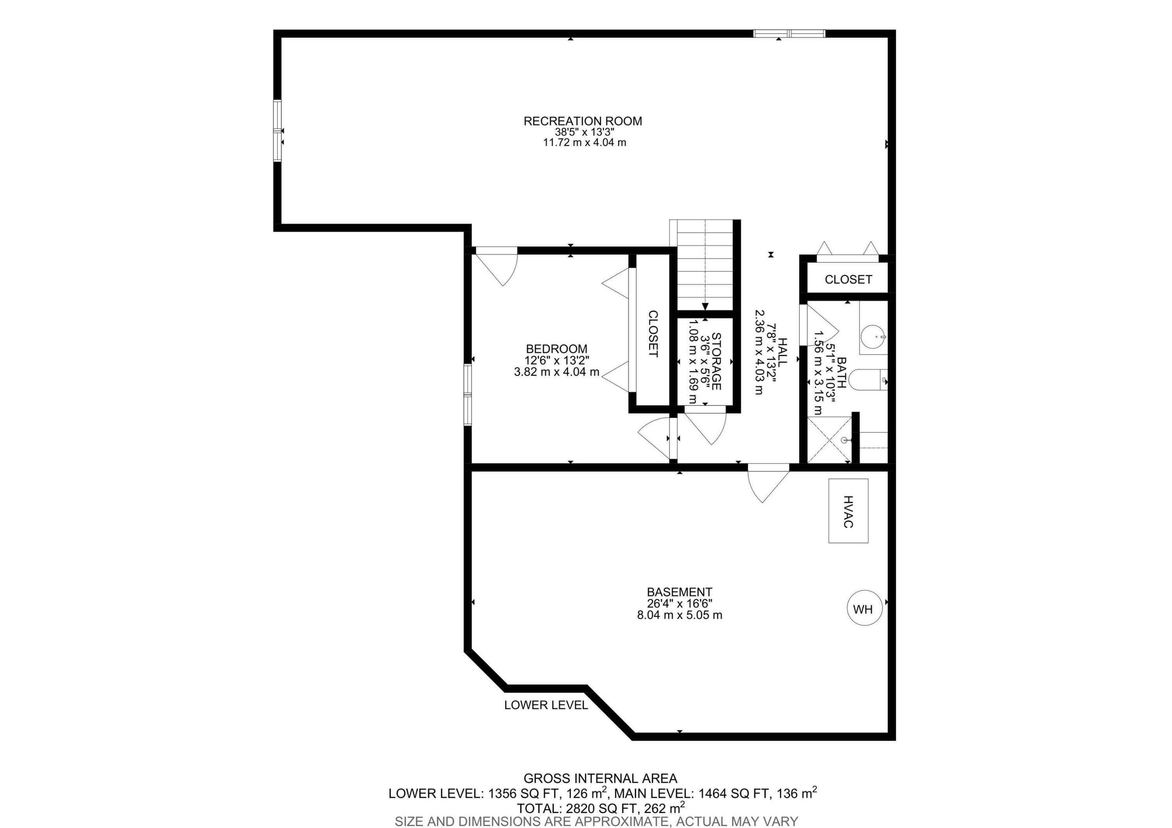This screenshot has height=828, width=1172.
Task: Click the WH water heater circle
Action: pyautogui.click(x=865, y=609)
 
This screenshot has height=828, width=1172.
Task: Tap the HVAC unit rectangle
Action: pyautogui.click(x=848, y=510)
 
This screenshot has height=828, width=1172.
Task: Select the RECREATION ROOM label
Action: pyautogui.click(x=582, y=121)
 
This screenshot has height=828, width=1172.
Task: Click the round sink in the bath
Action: pyautogui.click(x=873, y=337)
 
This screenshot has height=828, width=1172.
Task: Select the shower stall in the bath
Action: pyautogui.click(x=829, y=440)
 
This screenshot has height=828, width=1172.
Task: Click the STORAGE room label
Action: pyautogui.click(x=716, y=361)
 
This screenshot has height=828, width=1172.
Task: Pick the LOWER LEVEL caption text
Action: pyautogui.click(x=546, y=705)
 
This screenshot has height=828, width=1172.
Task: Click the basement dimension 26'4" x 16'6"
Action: pyautogui.click(x=679, y=603)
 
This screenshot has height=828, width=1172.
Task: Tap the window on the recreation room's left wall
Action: pyautogui.click(x=277, y=131)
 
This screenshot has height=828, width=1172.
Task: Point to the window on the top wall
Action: pyautogui.click(x=789, y=34)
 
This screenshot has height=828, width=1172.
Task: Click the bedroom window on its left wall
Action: pyautogui.click(x=467, y=394)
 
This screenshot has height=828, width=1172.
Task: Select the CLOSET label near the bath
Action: pyautogui.click(x=848, y=279)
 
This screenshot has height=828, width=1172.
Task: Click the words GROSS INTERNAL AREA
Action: pyautogui.click(x=600, y=778)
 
